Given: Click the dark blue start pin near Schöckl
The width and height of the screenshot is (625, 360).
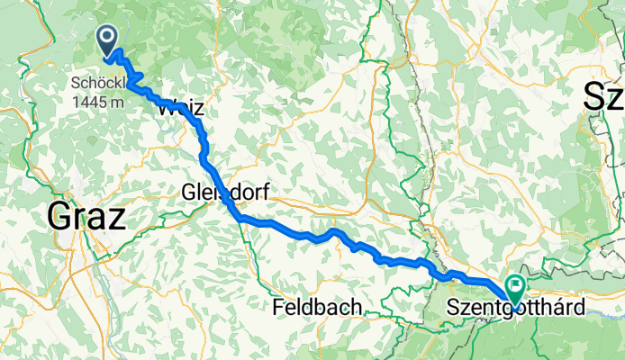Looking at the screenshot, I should [x=107, y=40].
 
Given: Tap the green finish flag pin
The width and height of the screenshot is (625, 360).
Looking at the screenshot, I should [x=516, y=289].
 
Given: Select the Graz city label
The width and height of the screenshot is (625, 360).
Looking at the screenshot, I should [x=87, y=217].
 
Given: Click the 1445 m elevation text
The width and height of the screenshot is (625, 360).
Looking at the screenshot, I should [x=100, y=102].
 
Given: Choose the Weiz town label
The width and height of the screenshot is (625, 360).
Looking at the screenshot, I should [x=181, y=109].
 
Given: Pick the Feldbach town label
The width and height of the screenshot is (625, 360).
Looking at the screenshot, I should [x=317, y=308].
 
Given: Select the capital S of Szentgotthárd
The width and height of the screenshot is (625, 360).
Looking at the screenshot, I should [x=452, y=308].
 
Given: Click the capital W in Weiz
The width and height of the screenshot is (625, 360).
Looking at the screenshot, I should [x=166, y=109].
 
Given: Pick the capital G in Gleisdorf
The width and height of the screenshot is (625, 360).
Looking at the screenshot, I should [x=188, y=193].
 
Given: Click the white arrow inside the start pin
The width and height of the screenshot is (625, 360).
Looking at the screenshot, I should [x=107, y=37].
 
